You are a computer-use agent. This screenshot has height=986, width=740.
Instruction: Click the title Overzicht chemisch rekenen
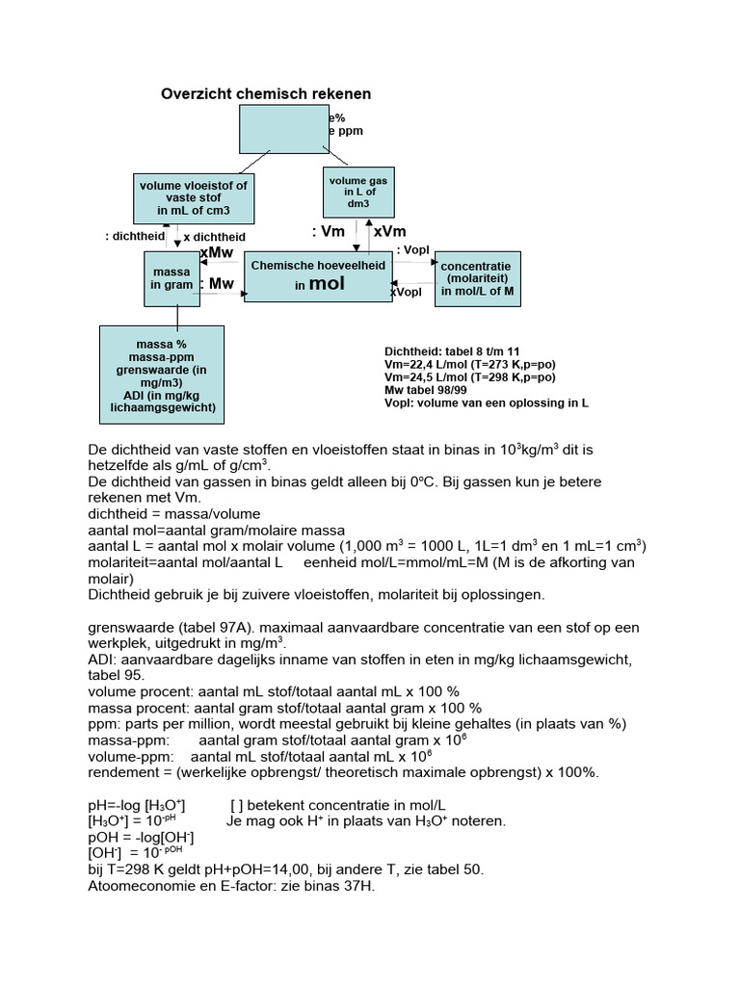[x=265, y=93]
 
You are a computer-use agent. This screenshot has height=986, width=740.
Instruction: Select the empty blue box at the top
[x=283, y=129]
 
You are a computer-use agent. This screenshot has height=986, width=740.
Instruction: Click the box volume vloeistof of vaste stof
[x=193, y=198]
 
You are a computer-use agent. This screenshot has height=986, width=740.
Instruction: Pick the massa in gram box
[x=172, y=279]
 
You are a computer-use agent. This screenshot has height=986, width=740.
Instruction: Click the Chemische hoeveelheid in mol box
[x=317, y=275]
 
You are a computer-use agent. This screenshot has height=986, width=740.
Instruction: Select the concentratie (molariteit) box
[x=476, y=278]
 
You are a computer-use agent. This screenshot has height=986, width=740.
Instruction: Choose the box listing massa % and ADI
[x=162, y=375]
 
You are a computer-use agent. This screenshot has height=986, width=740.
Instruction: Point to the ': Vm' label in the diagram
[x=329, y=231]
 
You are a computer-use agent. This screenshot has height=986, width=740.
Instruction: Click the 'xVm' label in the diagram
[x=389, y=231]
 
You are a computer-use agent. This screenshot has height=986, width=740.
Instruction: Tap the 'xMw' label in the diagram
[x=216, y=252]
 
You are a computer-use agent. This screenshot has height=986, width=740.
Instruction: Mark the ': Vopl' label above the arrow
[x=411, y=249]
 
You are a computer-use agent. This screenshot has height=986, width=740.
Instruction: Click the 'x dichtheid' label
[x=214, y=237]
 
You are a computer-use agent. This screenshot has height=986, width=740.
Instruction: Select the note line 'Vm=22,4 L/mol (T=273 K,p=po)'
[x=469, y=365]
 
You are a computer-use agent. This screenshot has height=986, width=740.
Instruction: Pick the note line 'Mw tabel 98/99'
[x=428, y=390]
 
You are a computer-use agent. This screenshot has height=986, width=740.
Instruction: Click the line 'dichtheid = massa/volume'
[x=173, y=514]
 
